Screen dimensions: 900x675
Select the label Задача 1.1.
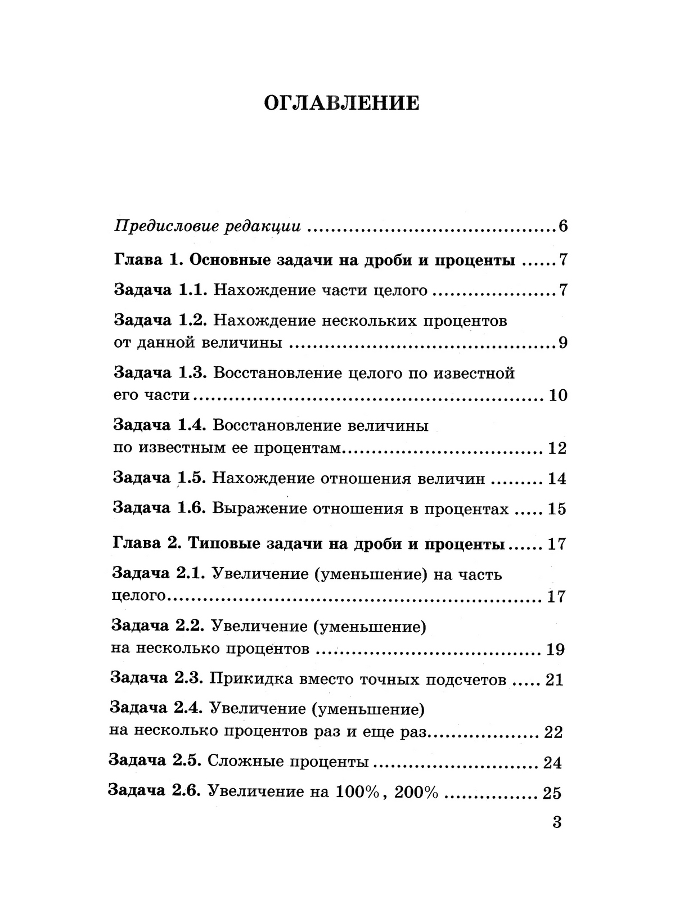tap(161, 290)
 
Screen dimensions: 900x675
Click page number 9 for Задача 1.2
tap(562, 343)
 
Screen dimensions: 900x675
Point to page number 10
tap(557, 395)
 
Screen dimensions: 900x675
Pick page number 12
tap(557, 448)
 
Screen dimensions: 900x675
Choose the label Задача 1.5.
tap(161, 478)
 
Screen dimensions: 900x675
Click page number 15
tap(556, 509)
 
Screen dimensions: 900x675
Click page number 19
tap(555, 650)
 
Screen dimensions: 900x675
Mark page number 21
tap(554, 680)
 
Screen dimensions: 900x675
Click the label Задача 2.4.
tap(157, 708)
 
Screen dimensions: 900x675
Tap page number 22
tap(553, 732)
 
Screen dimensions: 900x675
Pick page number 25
tap(552, 793)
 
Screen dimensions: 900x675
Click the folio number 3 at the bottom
tap(557, 822)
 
